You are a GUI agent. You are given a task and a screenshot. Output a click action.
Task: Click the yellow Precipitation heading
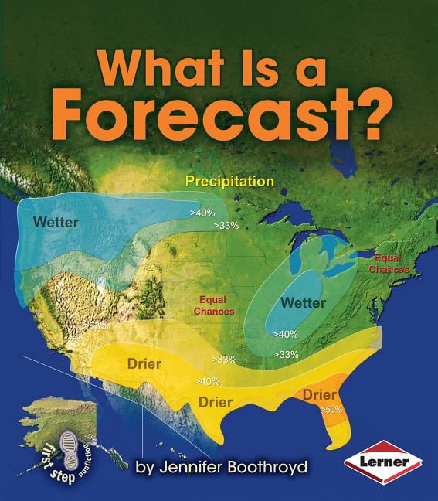click(230, 182)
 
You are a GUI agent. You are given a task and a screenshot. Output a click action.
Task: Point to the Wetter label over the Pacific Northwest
click(56, 222)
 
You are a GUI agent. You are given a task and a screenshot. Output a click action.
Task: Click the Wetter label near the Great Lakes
click(304, 302)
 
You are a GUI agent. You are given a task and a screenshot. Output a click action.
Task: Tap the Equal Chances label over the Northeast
click(389, 264)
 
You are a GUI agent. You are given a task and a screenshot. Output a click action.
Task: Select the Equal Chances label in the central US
click(216, 305)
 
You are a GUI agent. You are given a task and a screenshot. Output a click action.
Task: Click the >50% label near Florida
click(332, 409)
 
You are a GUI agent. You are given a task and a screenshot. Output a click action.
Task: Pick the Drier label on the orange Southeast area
click(319, 394)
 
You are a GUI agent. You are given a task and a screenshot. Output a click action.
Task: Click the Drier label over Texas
click(216, 401)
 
